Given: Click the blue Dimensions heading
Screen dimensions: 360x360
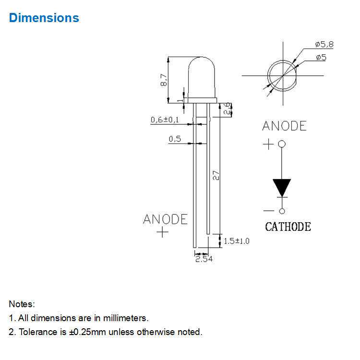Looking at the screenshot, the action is [x=44, y=18].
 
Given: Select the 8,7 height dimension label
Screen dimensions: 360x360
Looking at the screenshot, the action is [x=164, y=80].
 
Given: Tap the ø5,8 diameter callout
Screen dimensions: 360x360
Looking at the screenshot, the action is [x=324, y=44].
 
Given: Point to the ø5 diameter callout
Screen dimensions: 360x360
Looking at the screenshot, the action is [x=321, y=57].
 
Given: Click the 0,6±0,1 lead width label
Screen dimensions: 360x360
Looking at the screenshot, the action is [x=165, y=120].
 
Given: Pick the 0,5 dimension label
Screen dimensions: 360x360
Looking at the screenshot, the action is [x=175, y=139].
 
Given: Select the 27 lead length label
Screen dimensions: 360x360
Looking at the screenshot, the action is [x=216, y=175].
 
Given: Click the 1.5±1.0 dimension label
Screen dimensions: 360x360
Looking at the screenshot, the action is [x=237, y=241].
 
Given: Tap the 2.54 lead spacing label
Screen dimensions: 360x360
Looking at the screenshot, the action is [x=204, y=259].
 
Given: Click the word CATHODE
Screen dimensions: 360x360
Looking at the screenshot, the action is [x=288, y=227].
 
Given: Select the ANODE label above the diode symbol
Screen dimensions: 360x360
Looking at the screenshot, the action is [x=284, y=126].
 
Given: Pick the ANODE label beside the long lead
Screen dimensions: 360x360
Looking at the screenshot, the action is [x=165, y=219].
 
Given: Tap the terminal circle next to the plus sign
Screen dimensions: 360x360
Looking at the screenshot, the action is [x=282, y=144].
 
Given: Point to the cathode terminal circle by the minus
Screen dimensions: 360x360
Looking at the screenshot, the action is [x=282, y=211].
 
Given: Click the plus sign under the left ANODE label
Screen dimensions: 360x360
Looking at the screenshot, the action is [x=163, y=232].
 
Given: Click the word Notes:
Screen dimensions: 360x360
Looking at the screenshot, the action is [x=22, y=304].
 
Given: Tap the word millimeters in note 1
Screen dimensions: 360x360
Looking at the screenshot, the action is [x=126, y=318].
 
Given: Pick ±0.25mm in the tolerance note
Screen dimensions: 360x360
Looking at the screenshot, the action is [x=87, y=332].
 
